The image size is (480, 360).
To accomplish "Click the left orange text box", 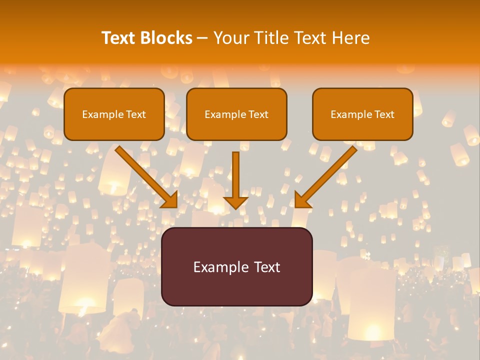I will point(114,130).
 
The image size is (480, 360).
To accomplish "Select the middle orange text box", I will point(236,130).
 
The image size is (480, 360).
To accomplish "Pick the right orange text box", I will point(362,130).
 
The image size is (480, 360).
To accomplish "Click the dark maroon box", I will point(236,290).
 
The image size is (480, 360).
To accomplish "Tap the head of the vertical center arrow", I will point(235,202).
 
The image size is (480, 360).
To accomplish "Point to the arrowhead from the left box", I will point(170,199).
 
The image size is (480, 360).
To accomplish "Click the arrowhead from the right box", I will point(301,199).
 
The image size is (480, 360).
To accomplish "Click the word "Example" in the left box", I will point(99,114).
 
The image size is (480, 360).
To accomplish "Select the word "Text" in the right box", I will point(384,114).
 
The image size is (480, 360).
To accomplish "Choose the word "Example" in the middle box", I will point(221,114).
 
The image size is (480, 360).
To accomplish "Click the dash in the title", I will point(202,38).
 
